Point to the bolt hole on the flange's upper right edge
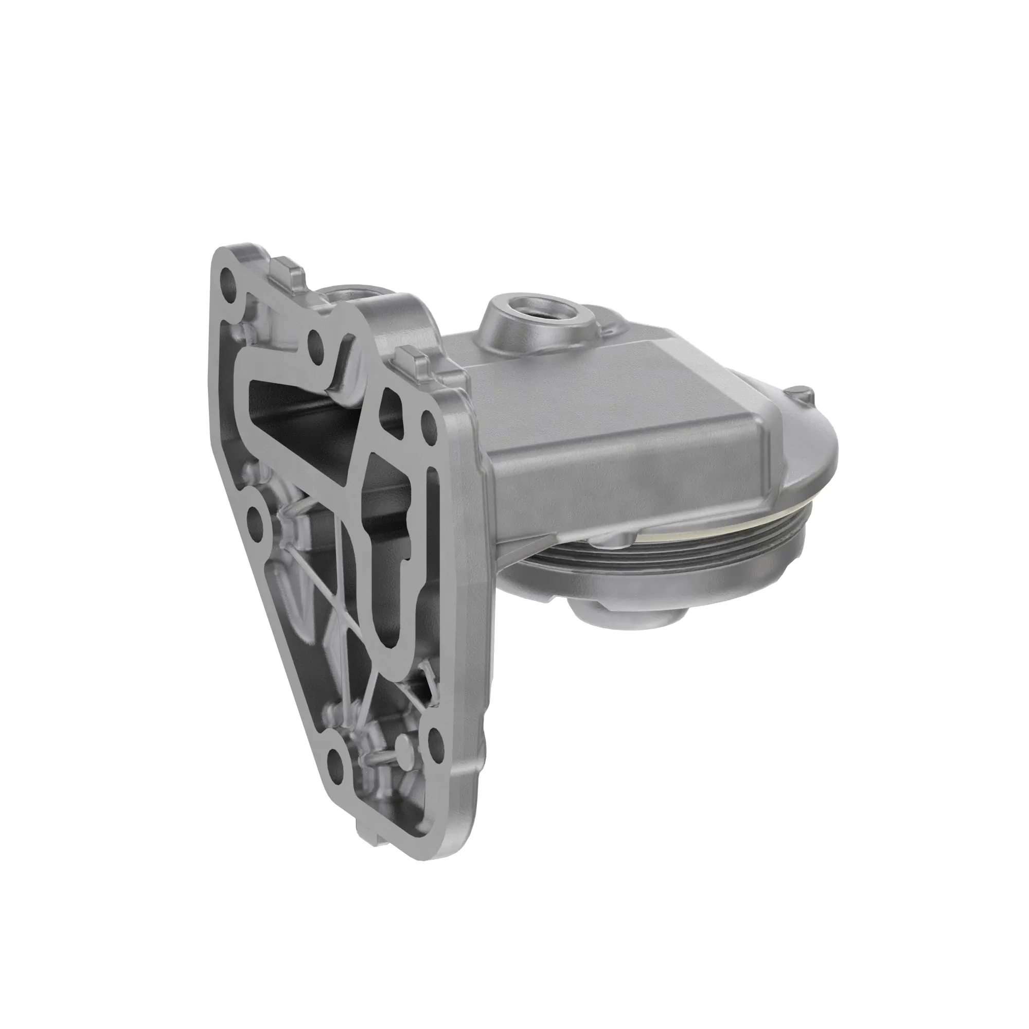coord(428,421)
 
